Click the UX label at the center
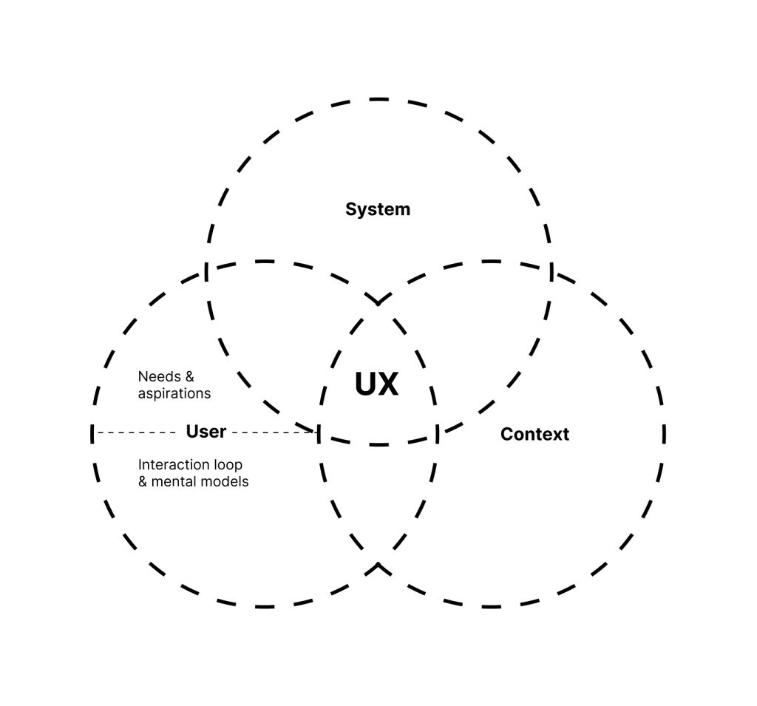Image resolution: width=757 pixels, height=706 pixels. [376, 384]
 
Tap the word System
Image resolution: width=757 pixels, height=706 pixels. [378, 209]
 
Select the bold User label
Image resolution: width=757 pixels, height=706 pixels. [206, 432]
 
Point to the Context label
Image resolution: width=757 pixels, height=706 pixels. [534, 434]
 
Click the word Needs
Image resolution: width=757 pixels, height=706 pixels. [159, 376]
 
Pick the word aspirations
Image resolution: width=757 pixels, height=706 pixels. [174, 393]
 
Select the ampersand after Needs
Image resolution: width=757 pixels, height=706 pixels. [189, 376]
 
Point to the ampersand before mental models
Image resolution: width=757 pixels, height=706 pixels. [143, 481]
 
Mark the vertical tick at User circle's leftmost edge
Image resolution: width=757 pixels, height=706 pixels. [92, 434]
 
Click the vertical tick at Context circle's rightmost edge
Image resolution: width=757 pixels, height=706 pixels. [664, 434]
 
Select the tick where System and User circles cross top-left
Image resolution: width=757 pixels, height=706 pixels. [206, 272]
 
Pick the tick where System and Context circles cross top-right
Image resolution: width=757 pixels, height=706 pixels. [551, 272]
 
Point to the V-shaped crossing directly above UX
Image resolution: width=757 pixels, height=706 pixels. [378, 301]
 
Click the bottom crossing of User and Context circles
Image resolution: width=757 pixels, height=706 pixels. [378, 567]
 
